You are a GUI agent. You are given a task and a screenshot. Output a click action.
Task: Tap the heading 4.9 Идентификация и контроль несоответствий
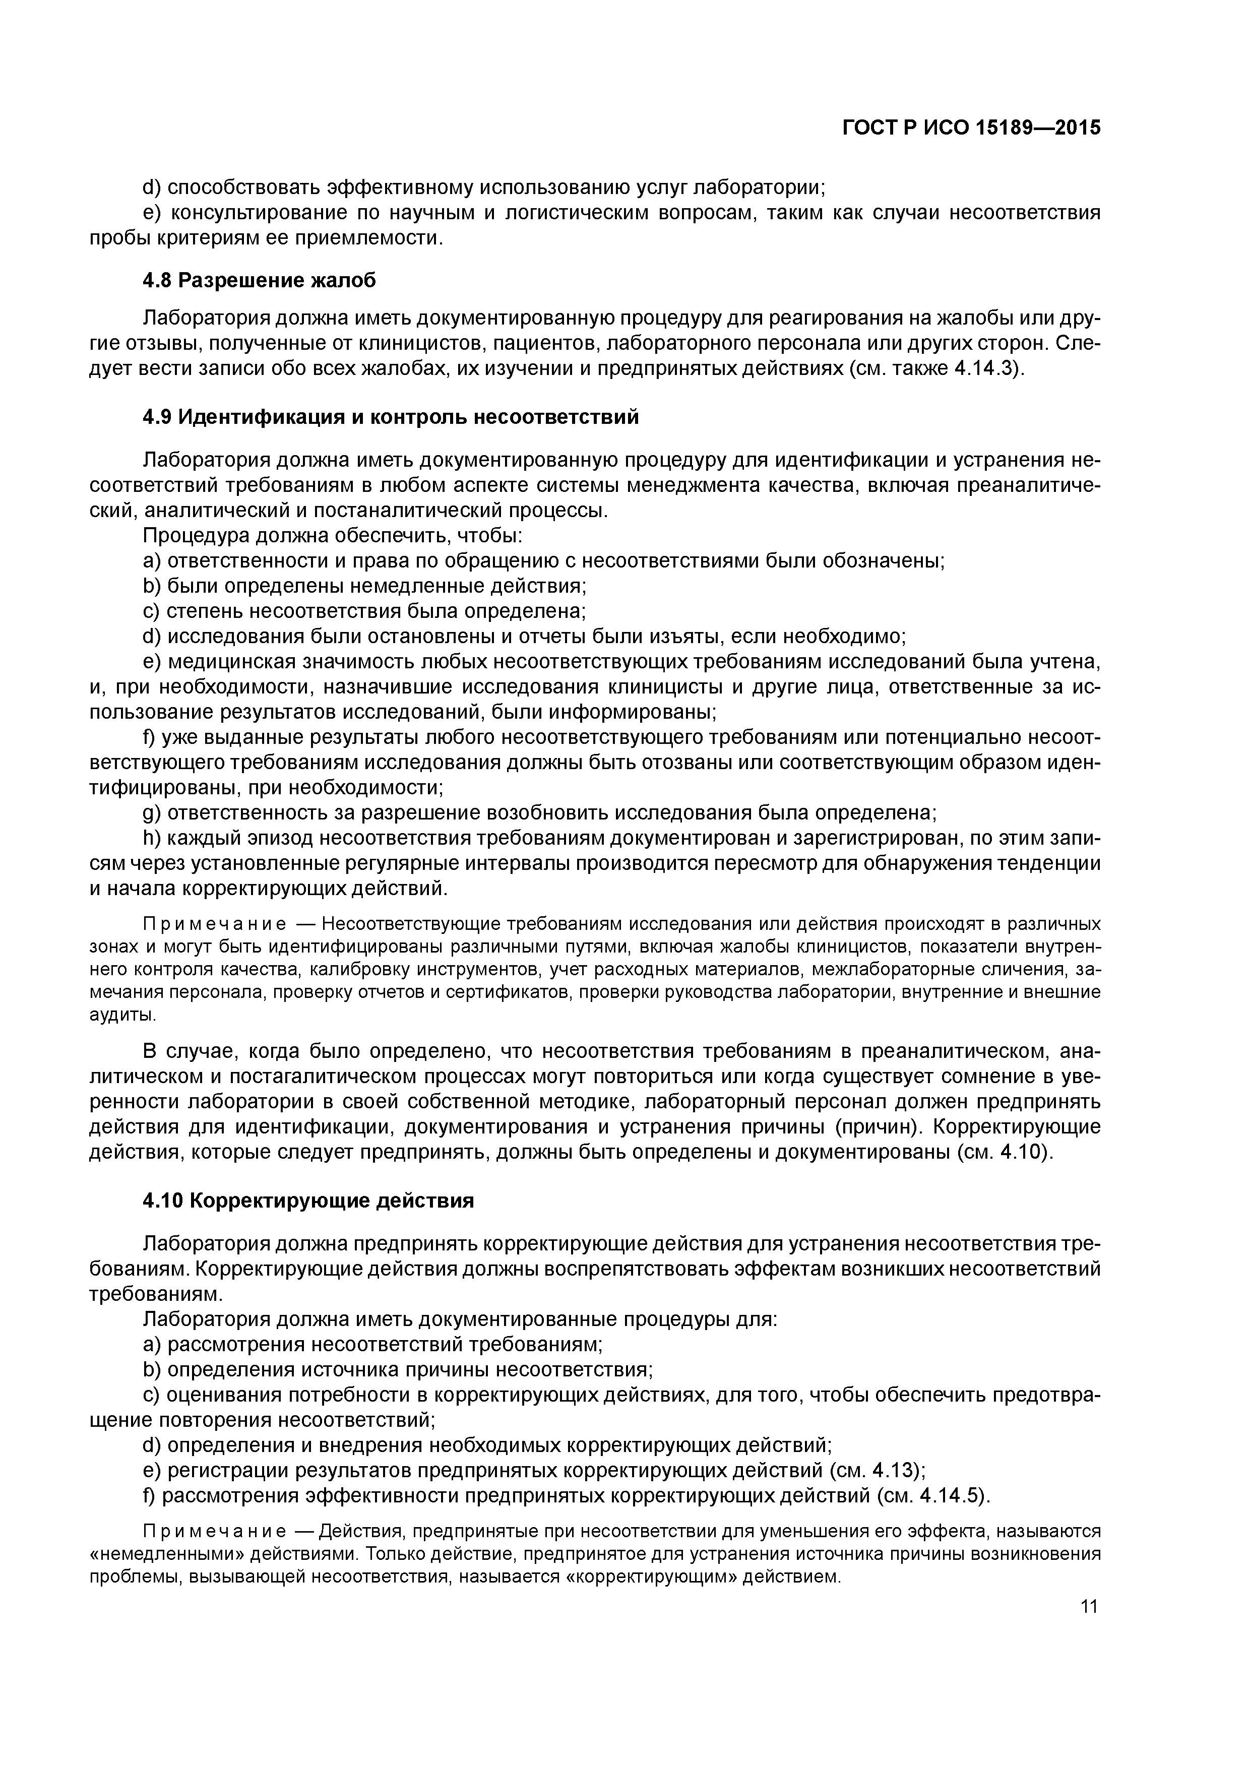pos(391,417)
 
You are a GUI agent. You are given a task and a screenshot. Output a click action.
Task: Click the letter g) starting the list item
pos(152,813)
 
